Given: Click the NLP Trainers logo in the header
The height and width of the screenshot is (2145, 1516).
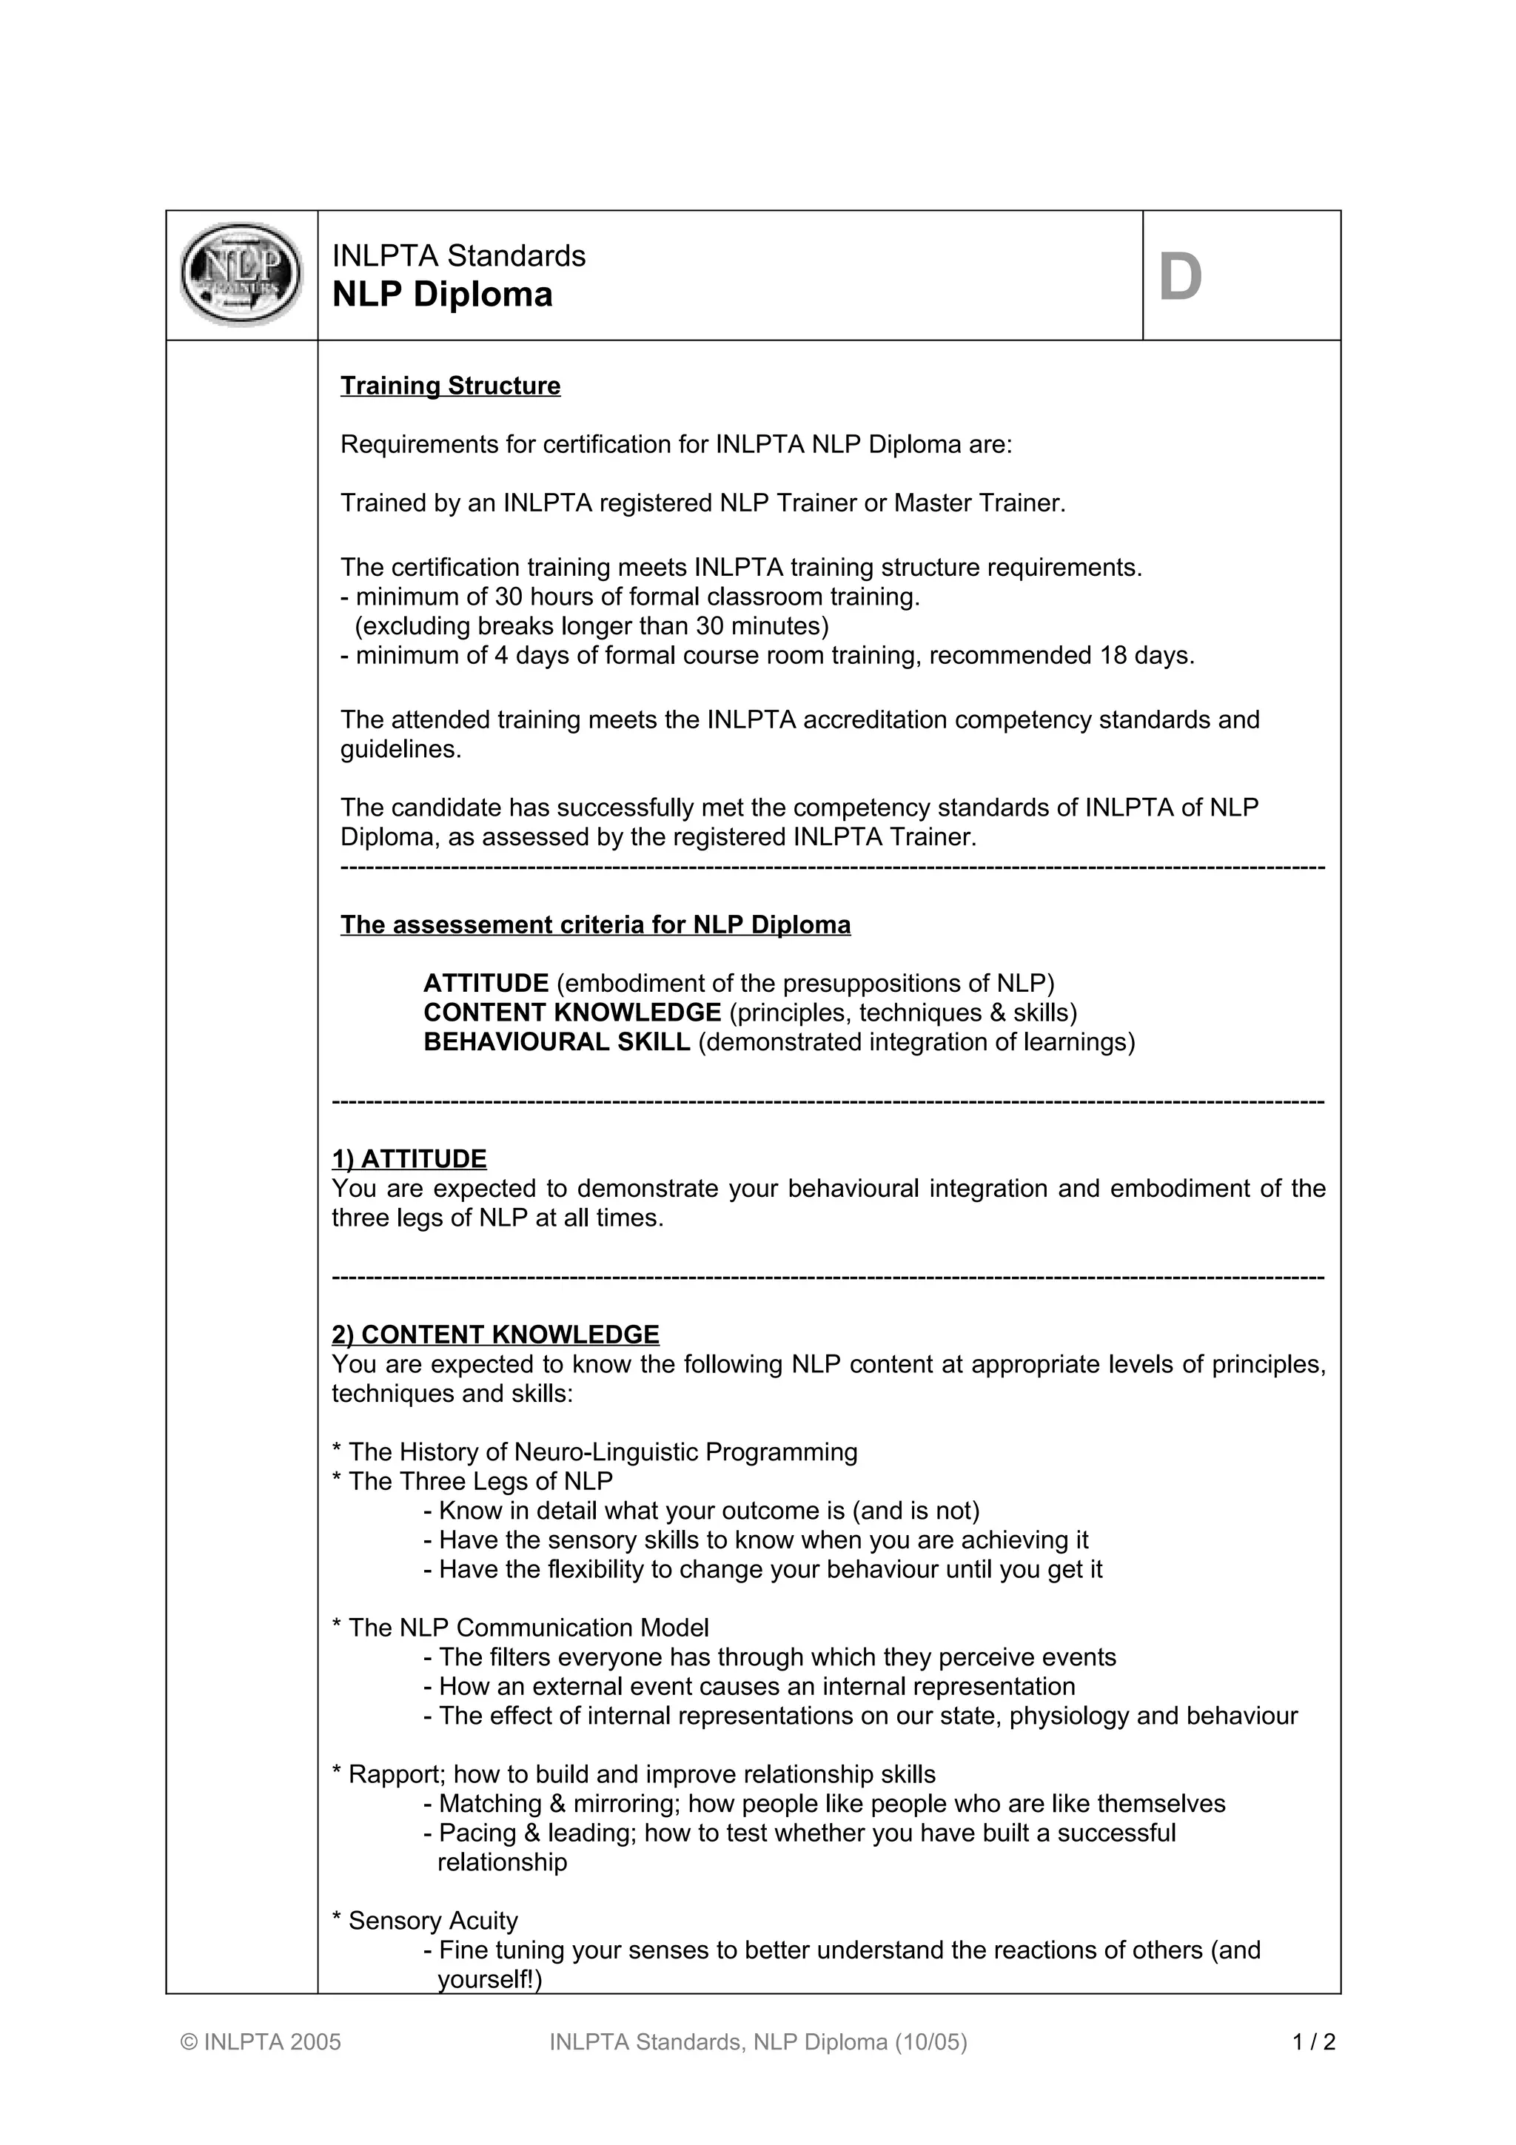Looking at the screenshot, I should point(241,275).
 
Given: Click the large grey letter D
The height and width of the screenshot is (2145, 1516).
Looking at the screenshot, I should point(1180,278).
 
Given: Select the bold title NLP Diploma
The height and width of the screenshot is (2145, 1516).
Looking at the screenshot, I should point(442,295).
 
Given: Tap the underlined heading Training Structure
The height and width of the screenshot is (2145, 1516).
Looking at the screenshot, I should point(450,386).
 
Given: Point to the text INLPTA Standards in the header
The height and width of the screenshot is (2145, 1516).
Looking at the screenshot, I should point(459,255).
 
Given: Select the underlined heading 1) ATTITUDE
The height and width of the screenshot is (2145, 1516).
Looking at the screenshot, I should point(409,1158).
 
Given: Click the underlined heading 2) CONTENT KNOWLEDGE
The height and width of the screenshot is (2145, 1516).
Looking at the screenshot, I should point(495,1334).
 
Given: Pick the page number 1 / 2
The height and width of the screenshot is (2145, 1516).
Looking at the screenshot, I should point(1314,2041).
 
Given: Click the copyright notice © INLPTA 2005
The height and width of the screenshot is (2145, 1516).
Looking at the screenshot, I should point(261,2041).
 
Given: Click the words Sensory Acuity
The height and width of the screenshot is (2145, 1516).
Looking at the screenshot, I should point(432,1920).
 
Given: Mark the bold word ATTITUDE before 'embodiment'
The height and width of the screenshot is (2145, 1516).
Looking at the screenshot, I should point(486,983).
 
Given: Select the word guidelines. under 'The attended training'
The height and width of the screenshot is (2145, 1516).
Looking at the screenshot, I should point(400,749).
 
